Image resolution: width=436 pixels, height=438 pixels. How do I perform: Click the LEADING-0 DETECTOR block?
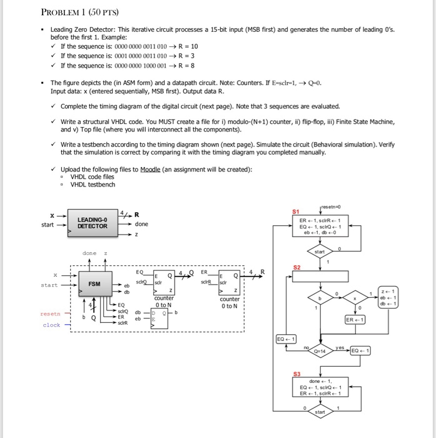pyautogui.click(x=93, y=222)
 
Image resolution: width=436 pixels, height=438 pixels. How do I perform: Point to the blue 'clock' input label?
pyautogui.click(x=51, y=325)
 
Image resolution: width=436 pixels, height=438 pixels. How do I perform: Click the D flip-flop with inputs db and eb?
pyautogui.click(x=161, y=315)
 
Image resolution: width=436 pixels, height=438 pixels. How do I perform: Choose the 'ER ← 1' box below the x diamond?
pyautogui.click(x=355, y=319)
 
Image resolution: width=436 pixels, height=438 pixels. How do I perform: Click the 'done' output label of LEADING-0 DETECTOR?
pyautogui.click(x=141, y=224)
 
